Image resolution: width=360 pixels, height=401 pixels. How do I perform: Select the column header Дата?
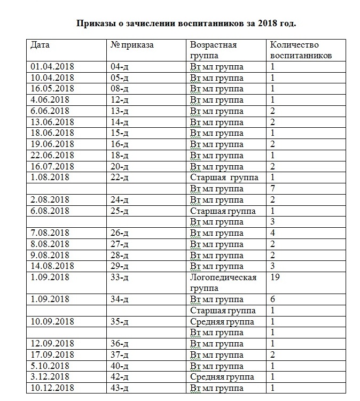tap(41, 45)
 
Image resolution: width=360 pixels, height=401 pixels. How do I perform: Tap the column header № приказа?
tap(132, 45)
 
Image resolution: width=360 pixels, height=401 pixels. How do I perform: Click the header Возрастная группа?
tap(213, 50)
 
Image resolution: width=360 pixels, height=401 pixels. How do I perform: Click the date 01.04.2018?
tap(52, 67)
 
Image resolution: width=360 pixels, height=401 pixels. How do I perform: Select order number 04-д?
tap(120, 67)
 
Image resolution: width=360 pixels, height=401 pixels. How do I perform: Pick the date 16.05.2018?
tap(52, 89)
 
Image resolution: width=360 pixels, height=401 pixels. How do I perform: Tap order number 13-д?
tap(120, 111)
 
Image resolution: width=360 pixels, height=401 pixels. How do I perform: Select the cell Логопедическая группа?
tap(223, 283)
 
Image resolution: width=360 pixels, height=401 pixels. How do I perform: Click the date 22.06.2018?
tap(52, 155)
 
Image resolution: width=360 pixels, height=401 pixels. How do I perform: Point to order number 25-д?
tap(120, 211)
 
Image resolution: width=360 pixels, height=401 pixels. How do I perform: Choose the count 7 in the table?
tap(273, 188)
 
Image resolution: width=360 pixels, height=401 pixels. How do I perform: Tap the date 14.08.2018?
tap(52, 266)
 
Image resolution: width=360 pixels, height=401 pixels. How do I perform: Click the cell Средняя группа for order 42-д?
tap(222, 377)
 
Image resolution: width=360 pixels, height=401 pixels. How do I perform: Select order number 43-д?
tap(120, 388)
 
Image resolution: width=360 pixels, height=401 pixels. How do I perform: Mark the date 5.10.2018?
tap(50, 366)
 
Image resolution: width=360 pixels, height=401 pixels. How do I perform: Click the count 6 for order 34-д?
tap(273, 299)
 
